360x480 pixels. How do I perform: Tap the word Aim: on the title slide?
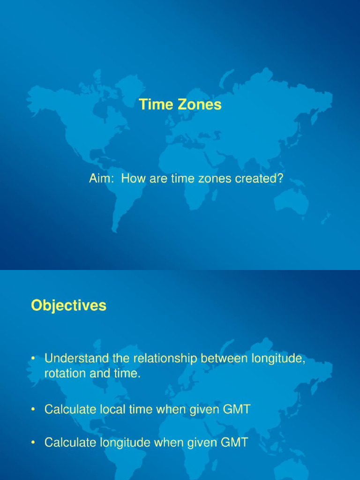[x=101, y=179]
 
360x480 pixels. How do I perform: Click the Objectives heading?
[x=69, y=306]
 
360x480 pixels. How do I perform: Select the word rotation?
[x=63, y=374]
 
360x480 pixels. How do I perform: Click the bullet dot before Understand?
[x=33, y=359]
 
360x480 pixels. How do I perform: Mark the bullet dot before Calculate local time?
[x=33, y=410]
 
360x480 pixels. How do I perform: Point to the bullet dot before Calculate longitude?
[x=33, y=442]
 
